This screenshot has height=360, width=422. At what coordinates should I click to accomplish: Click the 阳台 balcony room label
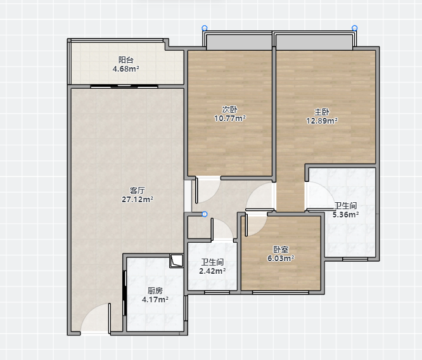click(x=126, y=60)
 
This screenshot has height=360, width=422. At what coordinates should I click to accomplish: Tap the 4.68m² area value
click(x=126, y=69)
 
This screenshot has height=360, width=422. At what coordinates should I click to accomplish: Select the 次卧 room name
click(x=230, y=109)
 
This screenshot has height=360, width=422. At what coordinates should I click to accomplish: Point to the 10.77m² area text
click(x=230, y=119)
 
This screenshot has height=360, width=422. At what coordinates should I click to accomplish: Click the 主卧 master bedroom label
click(x=322, y=112)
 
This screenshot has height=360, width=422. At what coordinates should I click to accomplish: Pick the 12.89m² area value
click(x=322, y=120)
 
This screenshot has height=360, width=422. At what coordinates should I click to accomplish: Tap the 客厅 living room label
click(x=137, y=190)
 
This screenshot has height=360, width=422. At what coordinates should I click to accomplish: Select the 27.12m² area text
click(x=137, y=199)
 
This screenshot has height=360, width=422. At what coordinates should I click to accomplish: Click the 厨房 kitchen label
click(x=155, y=290)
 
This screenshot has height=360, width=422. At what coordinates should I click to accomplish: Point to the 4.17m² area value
click(x=155, y=299)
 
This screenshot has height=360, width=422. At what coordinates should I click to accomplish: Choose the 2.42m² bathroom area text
click(x=212, y=271)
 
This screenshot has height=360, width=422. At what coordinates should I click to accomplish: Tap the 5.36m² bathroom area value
click(x=345, y=215)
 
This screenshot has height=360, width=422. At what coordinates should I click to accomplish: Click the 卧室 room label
click(x=281, y=249)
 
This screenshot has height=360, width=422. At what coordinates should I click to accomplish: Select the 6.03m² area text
click(x=281, y=258)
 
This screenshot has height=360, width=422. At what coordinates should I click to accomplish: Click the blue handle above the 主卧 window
click(x=355, y=28)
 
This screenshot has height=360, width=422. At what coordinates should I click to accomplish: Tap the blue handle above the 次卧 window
click(x=205, y=28)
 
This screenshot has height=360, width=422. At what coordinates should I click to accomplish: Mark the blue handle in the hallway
click(x=205, y=214)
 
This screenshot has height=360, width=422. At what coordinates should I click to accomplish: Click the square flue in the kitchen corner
click(x=176, y=260)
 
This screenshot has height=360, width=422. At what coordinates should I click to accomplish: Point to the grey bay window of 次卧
click(x=239, y=42)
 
